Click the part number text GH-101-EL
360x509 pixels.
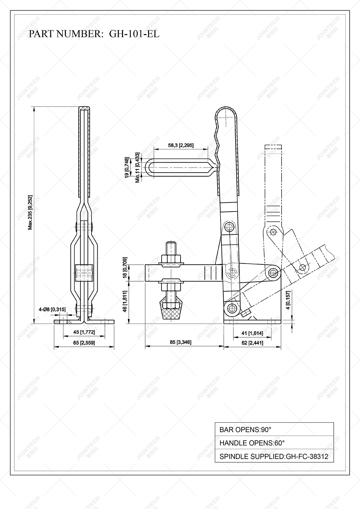134,34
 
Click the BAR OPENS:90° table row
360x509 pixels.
274,430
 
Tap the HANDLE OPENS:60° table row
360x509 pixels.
274,443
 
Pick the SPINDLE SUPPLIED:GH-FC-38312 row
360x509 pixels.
274,457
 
